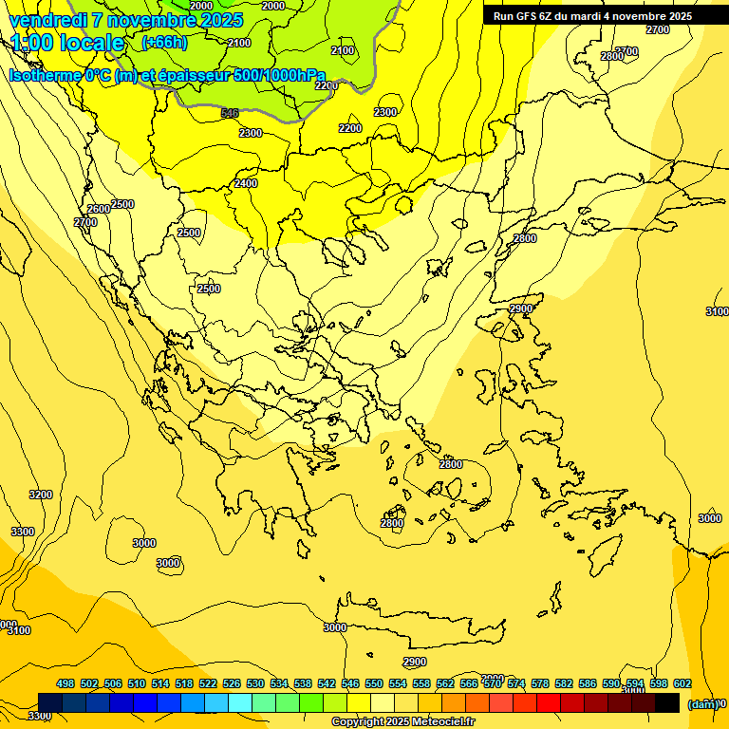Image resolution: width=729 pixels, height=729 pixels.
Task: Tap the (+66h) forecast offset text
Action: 164,42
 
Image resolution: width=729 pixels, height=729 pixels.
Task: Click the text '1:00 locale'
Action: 67,43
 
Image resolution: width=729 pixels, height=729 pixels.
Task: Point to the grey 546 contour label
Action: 229,113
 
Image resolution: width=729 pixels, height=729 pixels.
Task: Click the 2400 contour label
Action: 246,183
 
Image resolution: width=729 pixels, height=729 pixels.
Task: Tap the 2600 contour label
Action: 98,209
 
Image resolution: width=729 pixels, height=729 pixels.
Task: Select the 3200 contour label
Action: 41,495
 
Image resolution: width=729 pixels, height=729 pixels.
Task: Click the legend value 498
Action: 65,683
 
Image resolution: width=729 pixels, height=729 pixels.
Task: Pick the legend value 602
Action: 682,683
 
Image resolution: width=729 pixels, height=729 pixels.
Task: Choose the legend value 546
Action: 350,683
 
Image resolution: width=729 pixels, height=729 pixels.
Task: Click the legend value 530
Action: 255,683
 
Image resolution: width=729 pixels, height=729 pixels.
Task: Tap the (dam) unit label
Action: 702,703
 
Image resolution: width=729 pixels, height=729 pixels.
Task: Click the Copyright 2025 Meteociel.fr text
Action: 392,722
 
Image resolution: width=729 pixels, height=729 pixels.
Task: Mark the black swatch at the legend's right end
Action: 667,702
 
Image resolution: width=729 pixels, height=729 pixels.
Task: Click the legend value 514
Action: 160,683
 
